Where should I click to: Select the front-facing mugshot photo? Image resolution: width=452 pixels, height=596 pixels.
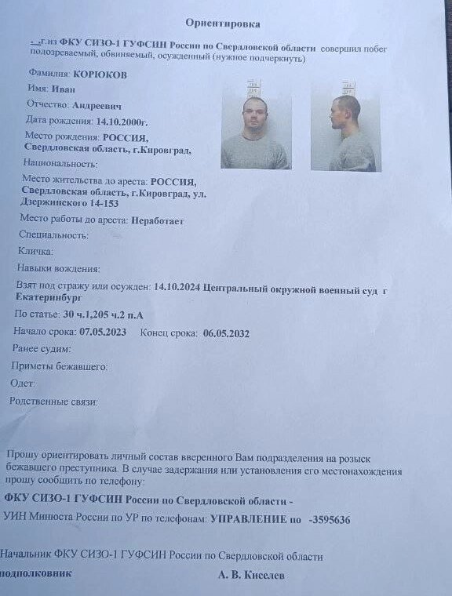pyautogui.click(x=256, y=126)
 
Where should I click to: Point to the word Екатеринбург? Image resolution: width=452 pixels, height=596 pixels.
pyautogui.click(x=51, y=300)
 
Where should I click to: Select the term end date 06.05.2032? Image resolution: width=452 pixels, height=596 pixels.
pyautogui.click(x=226, y=333)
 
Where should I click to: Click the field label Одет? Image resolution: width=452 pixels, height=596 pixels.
pyautogui.click(x=23, y=383)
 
